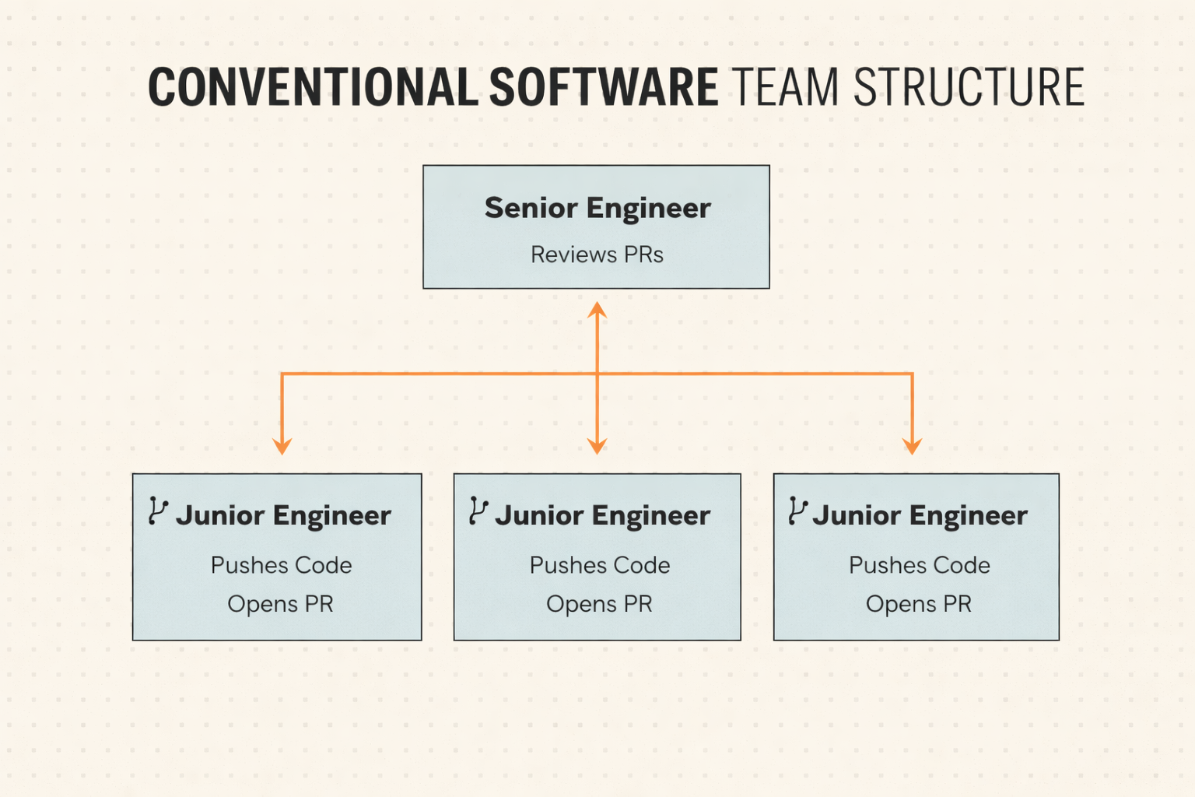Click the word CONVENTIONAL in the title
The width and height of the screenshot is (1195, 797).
click(313, 86)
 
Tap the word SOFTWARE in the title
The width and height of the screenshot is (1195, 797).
click(604, 86)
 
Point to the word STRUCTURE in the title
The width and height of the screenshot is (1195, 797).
click(969, 86)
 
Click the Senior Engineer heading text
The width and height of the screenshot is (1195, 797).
click(597, 208)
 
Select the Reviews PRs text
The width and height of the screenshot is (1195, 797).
click(597, 255)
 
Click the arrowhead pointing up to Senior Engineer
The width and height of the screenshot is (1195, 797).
click(597, 310)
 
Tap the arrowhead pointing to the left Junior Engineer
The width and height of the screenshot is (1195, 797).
click(282, 446)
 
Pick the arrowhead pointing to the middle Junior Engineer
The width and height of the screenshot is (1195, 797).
click(597, 446)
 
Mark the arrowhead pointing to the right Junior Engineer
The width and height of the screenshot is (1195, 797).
click(913, 446)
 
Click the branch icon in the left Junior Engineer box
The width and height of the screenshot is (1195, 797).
click(159, 511)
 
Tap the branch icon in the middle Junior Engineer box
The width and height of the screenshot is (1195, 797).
click(478, 511)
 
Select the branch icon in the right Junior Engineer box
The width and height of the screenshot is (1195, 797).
click(798, 511)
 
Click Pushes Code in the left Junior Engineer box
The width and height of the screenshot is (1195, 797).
click(281, 565)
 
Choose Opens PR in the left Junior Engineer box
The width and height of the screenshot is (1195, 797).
click(280, 604)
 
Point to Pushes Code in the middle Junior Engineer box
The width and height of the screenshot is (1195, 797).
click(600, 565)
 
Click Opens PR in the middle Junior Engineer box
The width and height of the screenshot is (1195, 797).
click(599, 604)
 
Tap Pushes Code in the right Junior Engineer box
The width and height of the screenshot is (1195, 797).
click(919, 565)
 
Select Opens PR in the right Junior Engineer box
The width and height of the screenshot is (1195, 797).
click(918, 604)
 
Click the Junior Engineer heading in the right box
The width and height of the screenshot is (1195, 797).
click(920, 516)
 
